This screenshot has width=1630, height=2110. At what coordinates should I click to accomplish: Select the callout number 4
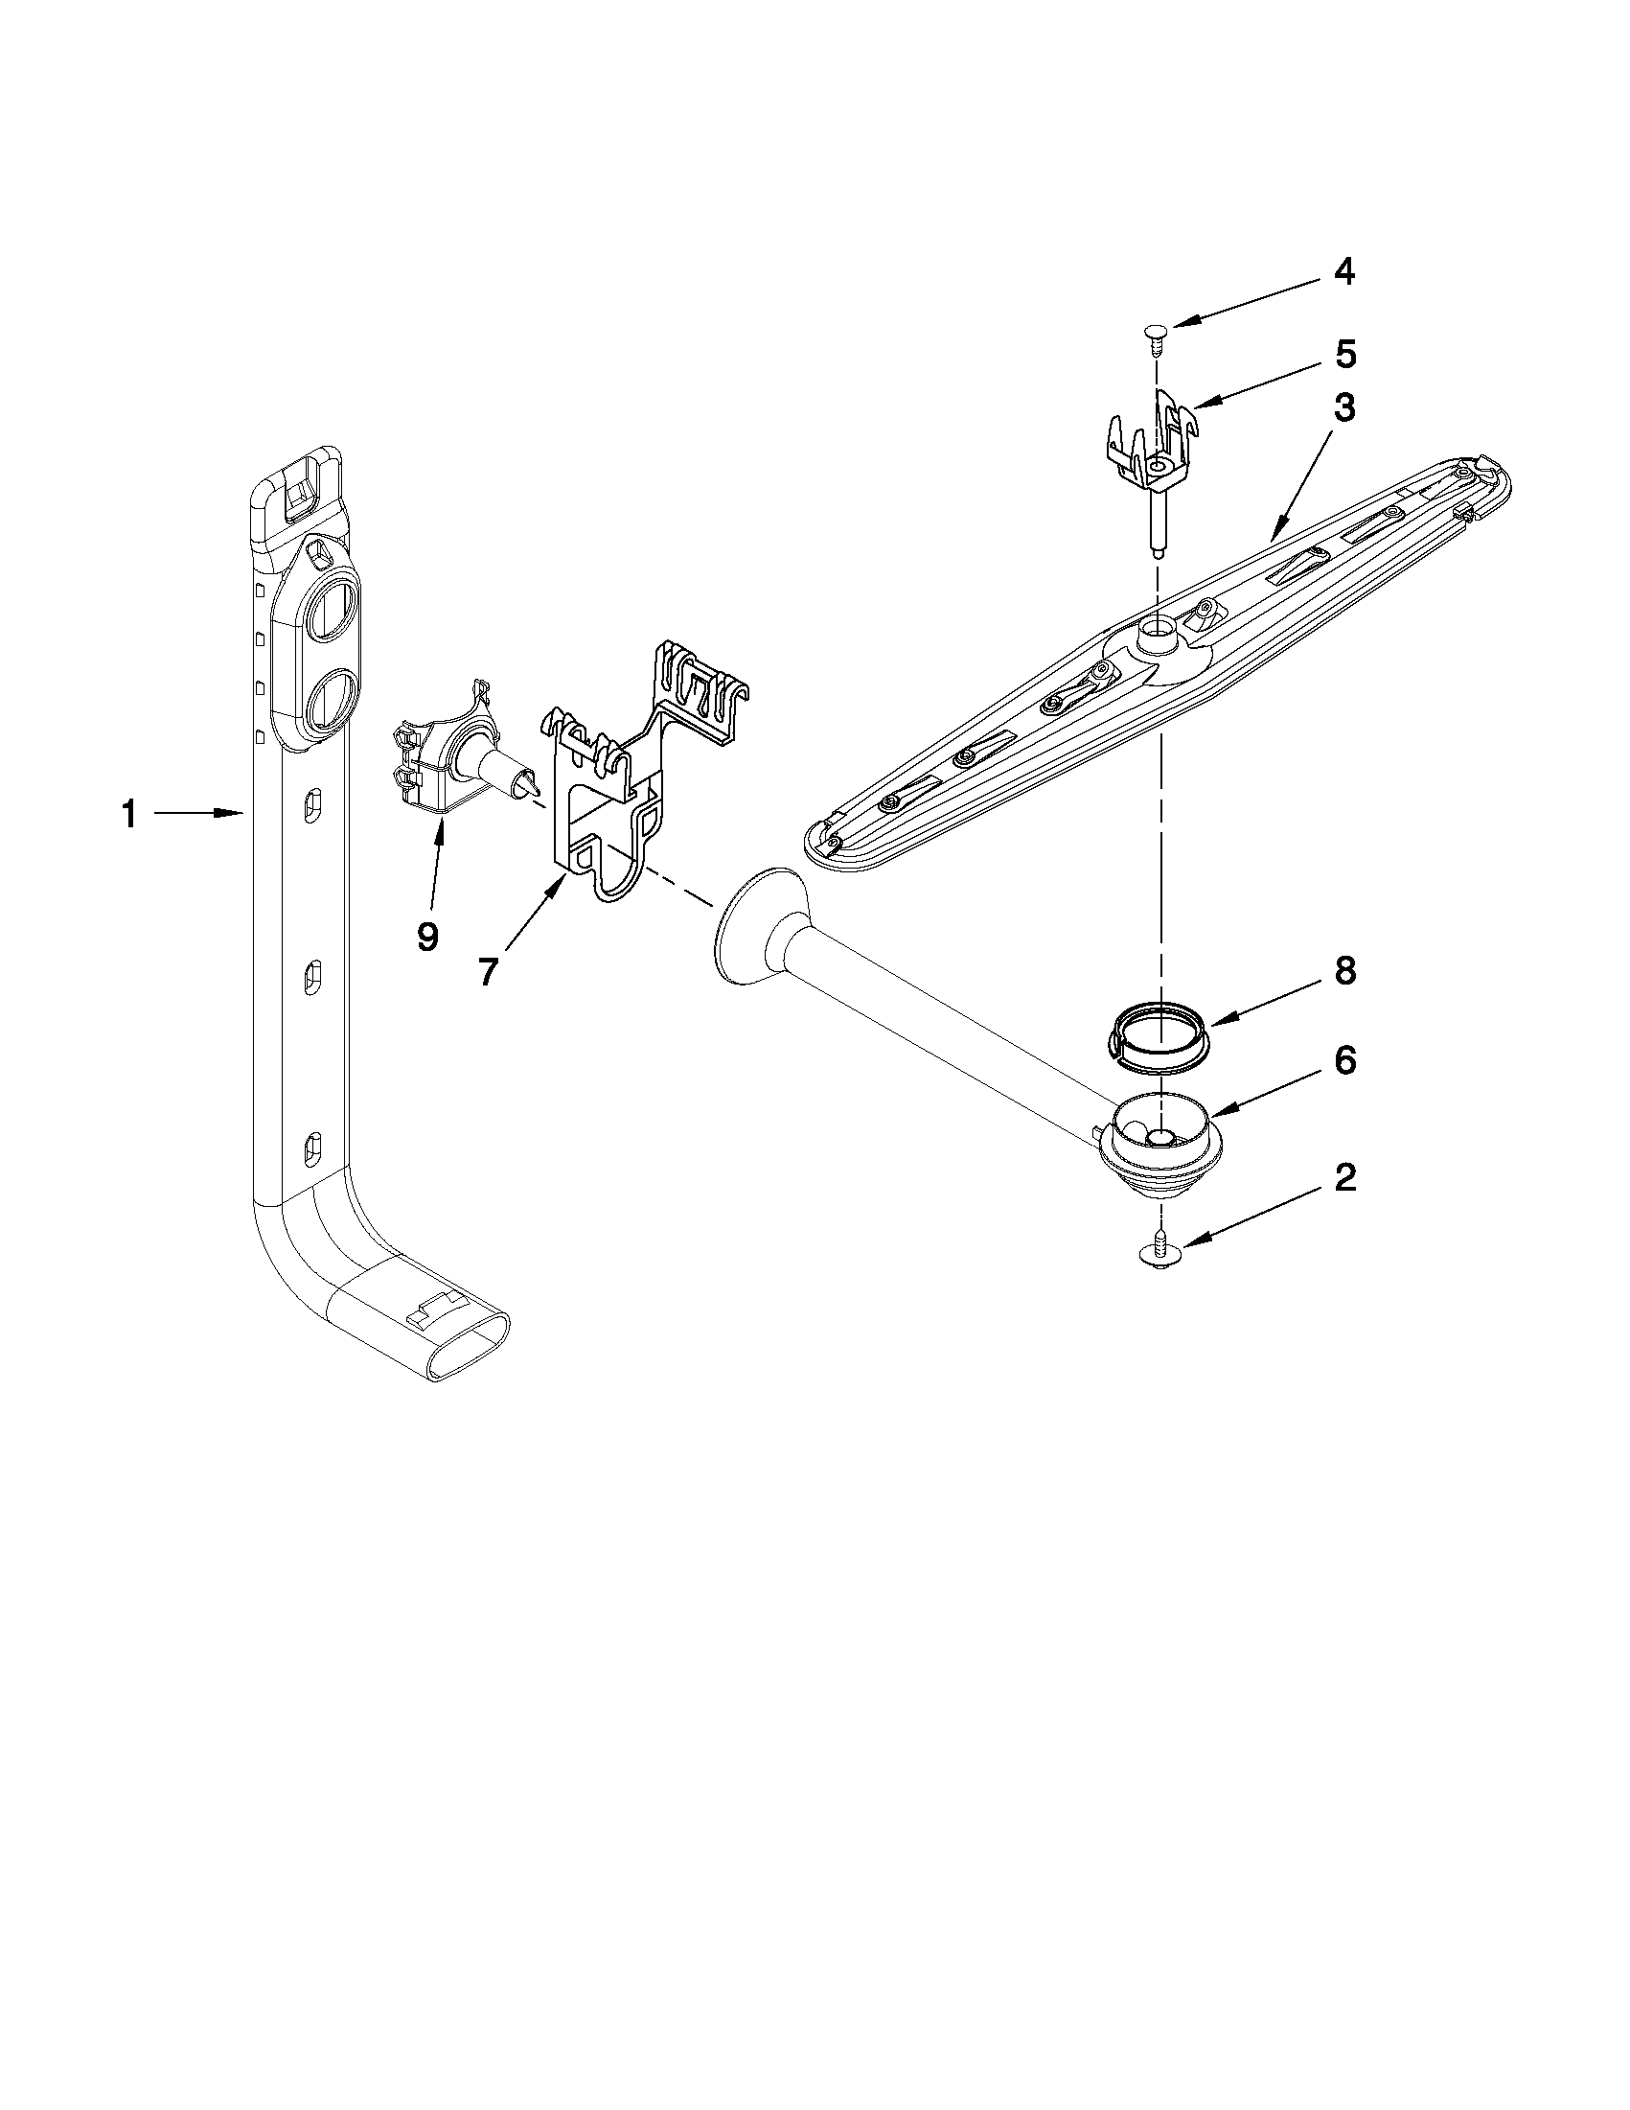tap(1343, 273)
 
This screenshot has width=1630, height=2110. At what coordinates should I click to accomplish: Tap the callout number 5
tap(1344, 356)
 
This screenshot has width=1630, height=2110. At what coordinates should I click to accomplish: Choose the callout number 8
tap(1344, 971)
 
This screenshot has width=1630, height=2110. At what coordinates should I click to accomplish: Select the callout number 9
tap(426, 936)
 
